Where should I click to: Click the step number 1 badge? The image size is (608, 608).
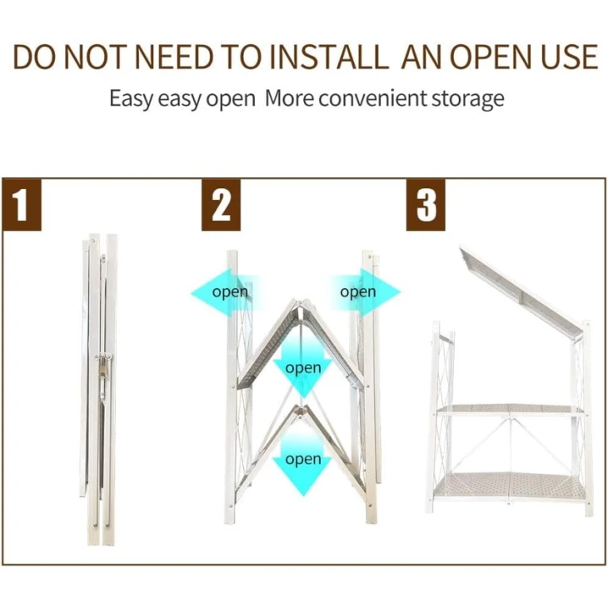point(22,205)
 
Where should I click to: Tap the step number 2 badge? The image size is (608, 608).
point(221,205)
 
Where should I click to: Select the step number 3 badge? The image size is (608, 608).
point(426,205)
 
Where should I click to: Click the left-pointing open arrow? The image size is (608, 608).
point(225,292)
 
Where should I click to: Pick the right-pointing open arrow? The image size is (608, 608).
point(365,292)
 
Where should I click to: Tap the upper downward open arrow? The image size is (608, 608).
point(303,367)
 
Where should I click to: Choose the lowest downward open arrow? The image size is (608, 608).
point(302,461)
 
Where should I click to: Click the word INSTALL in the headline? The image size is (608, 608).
point(329,57)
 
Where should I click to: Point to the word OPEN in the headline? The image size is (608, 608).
point(490,57)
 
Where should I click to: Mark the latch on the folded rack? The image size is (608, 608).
point(104,365)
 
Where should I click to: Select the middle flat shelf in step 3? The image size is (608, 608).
point(511,410)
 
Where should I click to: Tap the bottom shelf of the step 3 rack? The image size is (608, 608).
point(511,486)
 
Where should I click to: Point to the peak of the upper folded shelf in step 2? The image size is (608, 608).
point(302,301)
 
